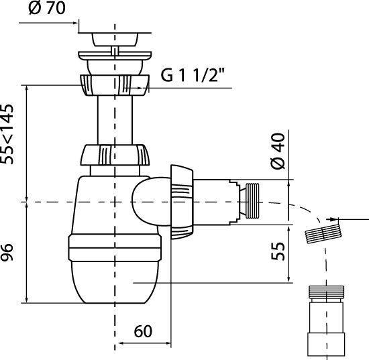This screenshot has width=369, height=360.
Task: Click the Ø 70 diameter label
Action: click(46, 8)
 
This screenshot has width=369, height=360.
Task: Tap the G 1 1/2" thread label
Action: click(193, 75)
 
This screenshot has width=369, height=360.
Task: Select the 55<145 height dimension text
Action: click(7, 134)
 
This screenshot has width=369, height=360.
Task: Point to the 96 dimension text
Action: click(7, 252)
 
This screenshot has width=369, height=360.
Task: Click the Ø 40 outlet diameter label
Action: click(278, 151)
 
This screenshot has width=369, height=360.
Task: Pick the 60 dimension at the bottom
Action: click(143, 332)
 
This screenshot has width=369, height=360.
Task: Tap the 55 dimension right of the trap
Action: click(278, 251)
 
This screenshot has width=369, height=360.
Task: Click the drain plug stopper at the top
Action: click(115, 40)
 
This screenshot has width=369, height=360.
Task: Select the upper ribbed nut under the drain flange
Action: click(115, 85)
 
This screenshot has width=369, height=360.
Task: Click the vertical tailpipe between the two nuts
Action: click(115, 120)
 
